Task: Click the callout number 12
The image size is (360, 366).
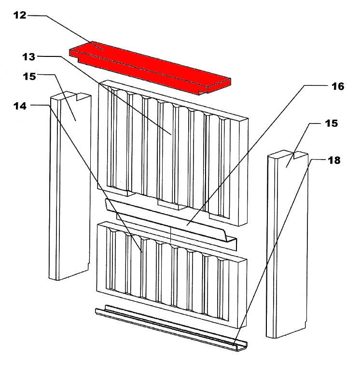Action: coord(20,15)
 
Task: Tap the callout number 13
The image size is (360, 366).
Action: coord(29,57)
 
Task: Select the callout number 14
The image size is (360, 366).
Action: coord(20,106)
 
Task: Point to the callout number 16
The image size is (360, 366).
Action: coord(338,86)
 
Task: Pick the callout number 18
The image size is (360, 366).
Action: coord(334,161)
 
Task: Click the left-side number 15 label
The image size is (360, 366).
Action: coord(29,76)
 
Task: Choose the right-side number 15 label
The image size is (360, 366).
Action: coord(331,123)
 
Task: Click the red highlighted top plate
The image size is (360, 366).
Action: coord(150,68)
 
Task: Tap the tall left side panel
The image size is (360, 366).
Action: coord(69,186)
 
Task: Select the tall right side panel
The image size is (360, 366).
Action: coord(287,244)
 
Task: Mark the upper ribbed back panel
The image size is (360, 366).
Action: coord(173,153)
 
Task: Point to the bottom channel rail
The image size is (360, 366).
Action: coord(171,327)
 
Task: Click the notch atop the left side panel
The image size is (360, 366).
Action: coord(82,96)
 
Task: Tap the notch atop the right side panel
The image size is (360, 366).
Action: coord(300,155)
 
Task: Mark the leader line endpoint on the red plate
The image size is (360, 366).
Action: coord(103,50)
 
